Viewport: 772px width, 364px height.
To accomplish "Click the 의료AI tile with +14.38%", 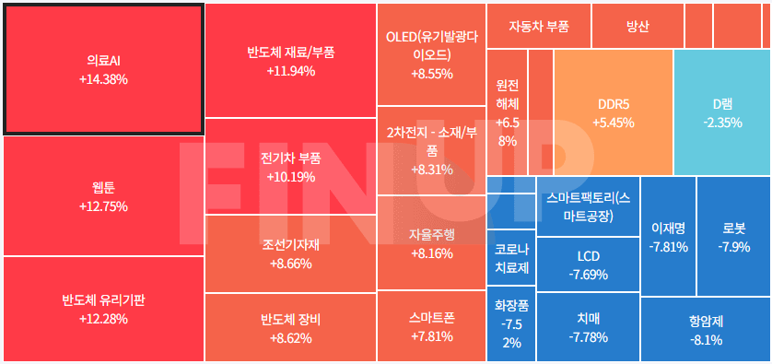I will pyautogui.click(x=103, y=69).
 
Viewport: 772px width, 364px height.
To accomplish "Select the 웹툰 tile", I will pyautogui.click(x=103, y=196).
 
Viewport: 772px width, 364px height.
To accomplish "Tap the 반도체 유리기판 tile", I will pyautogui.click(x=103, y=309).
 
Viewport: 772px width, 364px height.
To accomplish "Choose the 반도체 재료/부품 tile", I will pyautogui.click(x=290, y=60).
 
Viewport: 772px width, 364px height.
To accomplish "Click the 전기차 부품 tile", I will pyautogui.click(x=290, y=167).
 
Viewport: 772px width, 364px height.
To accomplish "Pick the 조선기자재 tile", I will pyautogui.click(x=290, y=253).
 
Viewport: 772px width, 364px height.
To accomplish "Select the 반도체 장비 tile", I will pyautogui.click(x=290, y=328).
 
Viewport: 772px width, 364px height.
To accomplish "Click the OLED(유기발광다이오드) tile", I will pyautogui.click(x=431, y=54).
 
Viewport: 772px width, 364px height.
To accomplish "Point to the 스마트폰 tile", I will pyautogui.click(x=431, y=327).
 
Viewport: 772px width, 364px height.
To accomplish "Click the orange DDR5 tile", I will pyautogui.click(x=613, y=112).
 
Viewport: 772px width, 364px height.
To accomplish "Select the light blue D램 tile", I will pyautogui.click(x=722, y=112).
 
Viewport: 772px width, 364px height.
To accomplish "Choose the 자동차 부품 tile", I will pyautogui.click(x=538, y=26).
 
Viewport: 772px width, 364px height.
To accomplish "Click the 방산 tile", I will pyautogui.click(x=637, y=26).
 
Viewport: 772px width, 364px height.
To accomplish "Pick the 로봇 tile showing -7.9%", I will pyautogui.click(x=734, y=237).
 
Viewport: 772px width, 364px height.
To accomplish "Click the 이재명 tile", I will pyautogui.click(x=668, y=237).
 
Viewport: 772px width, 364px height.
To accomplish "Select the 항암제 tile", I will pyautogui.click(x=706, y=330).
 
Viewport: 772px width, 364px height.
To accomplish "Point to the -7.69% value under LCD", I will pyautogui.click(x=588, y=274).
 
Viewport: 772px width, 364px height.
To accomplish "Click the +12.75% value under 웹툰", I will pyautogui.click(x=103, y=206).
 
